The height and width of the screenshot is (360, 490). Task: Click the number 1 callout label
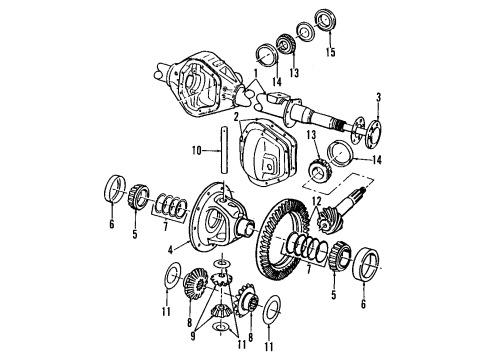pos(256,73)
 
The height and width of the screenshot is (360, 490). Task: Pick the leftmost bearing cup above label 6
pos(111,189)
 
